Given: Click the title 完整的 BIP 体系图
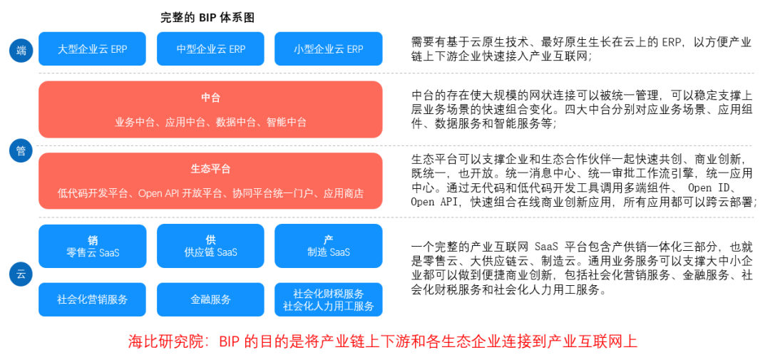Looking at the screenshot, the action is click(x=207, y=18).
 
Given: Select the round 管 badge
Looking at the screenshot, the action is click(x=21, y=151).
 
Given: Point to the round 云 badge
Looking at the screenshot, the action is click(x=21, y=274).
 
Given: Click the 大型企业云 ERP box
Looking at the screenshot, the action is click(x=92, y=48).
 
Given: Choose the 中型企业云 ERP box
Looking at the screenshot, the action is click(x=210, y=48).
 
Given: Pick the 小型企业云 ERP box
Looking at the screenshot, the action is click(x=329, y=48).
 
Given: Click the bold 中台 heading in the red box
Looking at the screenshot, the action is click(x=210, y=98).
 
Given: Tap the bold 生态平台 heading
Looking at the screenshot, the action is click(x=210, y=169).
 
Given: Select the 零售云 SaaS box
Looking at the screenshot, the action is click(x=92, y=246).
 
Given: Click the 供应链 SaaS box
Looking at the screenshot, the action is click(x=210, y=246).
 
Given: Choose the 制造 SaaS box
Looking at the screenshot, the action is click(x=329, y=246).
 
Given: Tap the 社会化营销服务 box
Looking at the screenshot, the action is click(x=92, y=299).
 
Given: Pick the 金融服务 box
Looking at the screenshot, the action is click(x=210, y=299).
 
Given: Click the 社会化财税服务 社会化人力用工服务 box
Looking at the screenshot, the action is click(x=329, y=299).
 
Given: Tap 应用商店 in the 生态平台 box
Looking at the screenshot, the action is click(x=343, y=193).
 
